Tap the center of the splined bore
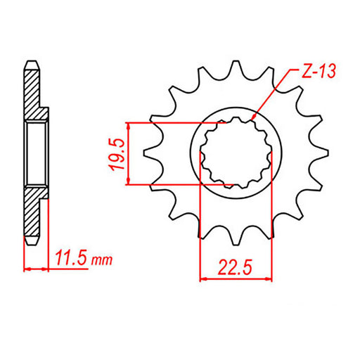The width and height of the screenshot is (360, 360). click(x=236, y=153)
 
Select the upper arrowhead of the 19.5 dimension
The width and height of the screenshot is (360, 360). click(x=129, y=124)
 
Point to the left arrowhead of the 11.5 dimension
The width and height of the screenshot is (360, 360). click(x=27, y=269)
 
